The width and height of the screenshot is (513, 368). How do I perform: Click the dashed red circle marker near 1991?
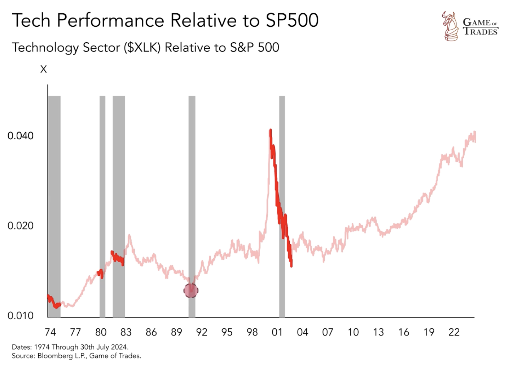191,290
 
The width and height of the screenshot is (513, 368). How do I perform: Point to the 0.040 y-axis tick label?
21,136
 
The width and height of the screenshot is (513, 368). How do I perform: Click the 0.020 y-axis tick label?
21,226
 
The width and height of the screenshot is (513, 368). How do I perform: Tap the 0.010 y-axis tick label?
21,316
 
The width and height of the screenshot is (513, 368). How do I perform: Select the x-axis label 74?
50,332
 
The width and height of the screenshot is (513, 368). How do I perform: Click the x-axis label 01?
277,332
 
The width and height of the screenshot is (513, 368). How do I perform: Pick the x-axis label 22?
454,332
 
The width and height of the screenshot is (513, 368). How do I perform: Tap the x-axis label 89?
176,332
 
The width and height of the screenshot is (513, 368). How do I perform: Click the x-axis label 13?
378,332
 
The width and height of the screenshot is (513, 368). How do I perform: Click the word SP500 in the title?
292,20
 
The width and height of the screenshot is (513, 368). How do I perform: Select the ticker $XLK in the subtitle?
142,48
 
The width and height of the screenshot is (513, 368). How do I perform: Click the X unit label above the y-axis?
43,69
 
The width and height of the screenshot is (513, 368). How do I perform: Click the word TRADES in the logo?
481,32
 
